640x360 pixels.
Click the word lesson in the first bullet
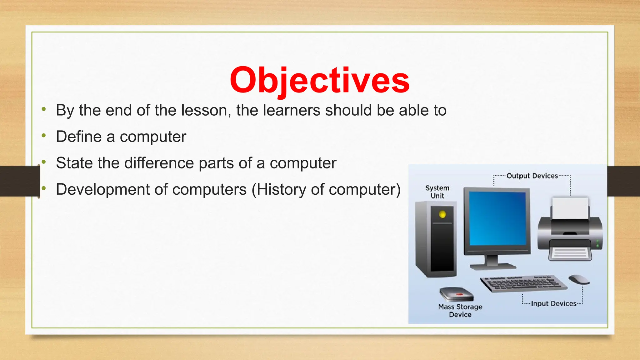(206, 110)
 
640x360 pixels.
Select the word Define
(79, 137)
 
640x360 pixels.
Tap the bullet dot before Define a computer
(44, 136)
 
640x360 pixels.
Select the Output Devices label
(532, 176)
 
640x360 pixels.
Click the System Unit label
(437, 192)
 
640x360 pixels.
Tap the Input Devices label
(553, 303)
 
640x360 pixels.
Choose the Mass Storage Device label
(460, 311)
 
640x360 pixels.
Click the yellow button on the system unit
(442, 214)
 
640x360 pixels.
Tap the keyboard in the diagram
(523, 283)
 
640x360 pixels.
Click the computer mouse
(579, 279)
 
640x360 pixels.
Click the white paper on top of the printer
(570, 208)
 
